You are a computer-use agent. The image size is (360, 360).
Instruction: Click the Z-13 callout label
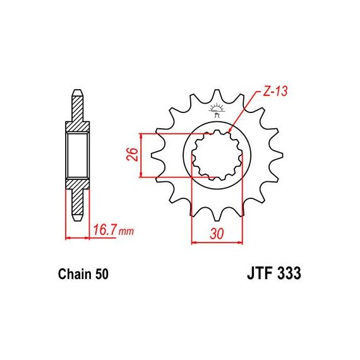[x=275, y=92]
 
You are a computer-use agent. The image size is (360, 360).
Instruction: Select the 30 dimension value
[x=216, y=234]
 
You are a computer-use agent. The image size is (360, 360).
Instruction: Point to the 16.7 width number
[x=105, y=230]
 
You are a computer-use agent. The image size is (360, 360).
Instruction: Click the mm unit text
[x=126, y=232]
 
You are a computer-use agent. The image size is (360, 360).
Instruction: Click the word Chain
[x=75, y=274]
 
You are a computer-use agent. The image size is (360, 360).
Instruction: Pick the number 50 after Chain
[x=101, y=274]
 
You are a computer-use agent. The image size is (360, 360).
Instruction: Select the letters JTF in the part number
[x=261, y=273]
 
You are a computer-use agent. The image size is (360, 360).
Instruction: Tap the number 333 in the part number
[x=289, y=273]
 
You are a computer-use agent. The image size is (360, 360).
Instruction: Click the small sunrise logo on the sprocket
[x=216, y=111]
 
